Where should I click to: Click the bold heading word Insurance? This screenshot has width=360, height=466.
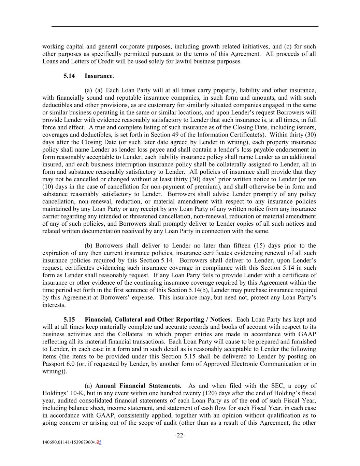point(98,76)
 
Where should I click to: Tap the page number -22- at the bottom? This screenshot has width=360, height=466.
point(180,435)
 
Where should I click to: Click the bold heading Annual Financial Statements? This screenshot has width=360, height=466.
point(138,386)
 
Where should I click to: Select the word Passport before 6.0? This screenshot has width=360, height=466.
point(54,364)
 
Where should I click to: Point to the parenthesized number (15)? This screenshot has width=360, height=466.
point(255,246)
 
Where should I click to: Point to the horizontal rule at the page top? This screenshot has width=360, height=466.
point(185,26)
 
